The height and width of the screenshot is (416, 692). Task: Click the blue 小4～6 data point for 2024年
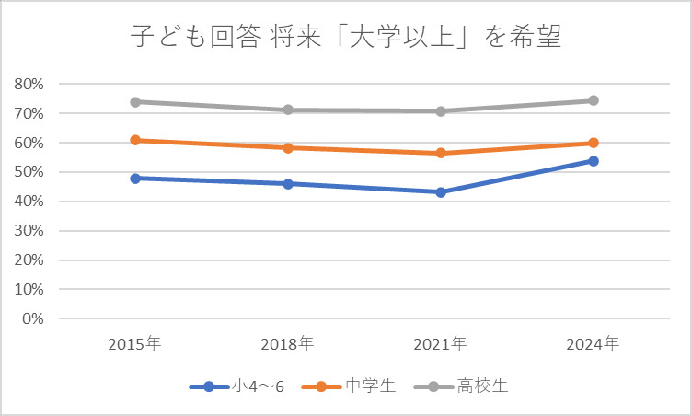594,161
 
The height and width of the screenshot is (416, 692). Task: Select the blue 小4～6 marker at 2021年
441,192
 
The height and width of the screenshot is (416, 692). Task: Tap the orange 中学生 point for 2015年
135,140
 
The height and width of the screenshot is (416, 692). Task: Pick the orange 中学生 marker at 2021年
441,153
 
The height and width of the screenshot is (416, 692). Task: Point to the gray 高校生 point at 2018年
288,110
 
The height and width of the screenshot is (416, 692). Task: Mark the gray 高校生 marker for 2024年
594,100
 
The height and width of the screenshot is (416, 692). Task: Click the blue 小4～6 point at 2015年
135,178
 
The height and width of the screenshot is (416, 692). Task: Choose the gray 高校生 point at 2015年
135,101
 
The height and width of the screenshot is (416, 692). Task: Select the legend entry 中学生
355,387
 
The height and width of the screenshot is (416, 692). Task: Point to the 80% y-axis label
29,84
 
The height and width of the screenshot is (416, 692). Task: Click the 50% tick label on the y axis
29,172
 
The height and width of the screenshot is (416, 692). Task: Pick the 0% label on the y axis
33,319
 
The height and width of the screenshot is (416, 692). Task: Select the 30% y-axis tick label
29,231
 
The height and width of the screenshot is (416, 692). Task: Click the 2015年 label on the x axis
134,344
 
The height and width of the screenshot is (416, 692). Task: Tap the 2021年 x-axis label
440,344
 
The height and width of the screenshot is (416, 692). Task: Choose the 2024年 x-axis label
593,344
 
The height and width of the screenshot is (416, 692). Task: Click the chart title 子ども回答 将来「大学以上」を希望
345,39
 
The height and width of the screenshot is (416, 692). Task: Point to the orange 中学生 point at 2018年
288,147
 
